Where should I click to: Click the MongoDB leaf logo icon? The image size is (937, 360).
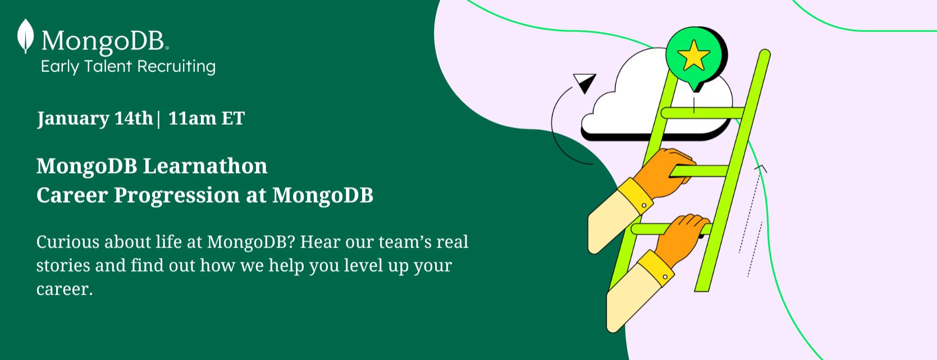(x=25, y=36)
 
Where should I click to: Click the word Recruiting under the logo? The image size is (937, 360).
(x=176, y=67)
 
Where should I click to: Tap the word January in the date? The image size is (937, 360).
(x=72, y=119)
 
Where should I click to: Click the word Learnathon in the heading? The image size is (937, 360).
(x=205, y=166)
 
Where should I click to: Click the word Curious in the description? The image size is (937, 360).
(x=67, y=242)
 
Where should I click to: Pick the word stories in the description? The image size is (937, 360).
(x=63, y=266)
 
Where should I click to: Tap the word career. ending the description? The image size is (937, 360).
(x=65, y=289)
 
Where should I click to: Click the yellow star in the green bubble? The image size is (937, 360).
(x=693, y=55)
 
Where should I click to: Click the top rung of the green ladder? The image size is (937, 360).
(x=703, y=113)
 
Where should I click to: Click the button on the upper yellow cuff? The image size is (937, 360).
(x=644, y=205)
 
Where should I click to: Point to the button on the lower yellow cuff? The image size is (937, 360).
(x=665, y=277)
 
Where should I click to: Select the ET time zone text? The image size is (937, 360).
(x=233, y=119)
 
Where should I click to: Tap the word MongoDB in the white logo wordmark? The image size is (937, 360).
(x=103, y=41)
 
